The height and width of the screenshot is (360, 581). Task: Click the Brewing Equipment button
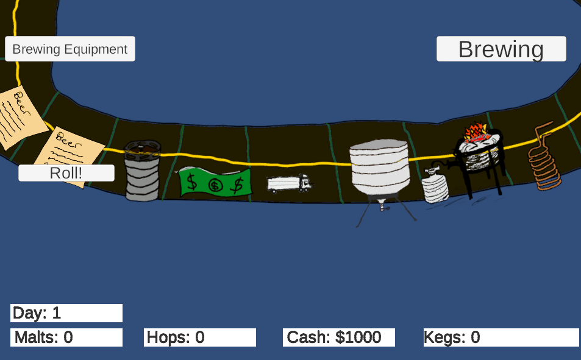[x=70, y=49]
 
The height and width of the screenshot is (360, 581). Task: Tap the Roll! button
[x=66, y=173]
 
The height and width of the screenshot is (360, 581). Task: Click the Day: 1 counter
[x=66, y=313]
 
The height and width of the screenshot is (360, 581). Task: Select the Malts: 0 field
[x=66, y=337]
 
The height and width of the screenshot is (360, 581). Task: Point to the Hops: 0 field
[x=200, y=337]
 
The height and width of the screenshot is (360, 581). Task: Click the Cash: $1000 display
[x=339, y=337]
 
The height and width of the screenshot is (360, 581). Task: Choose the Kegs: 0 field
[x=501, y=337]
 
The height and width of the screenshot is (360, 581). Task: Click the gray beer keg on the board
[x=142, y=171]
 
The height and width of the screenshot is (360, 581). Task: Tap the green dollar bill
[x=215, y=182]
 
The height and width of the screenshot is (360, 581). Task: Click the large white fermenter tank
[x=380, y=167]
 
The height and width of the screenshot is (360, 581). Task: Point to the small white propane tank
[x=435, y=185]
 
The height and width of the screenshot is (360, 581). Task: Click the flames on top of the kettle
[x=476, y=132]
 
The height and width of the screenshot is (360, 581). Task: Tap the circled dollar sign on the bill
[x=215, y=185]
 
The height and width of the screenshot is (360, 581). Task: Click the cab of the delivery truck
[x=305, y=182]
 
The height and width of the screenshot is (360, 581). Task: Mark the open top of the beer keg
[x=142, y=146]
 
